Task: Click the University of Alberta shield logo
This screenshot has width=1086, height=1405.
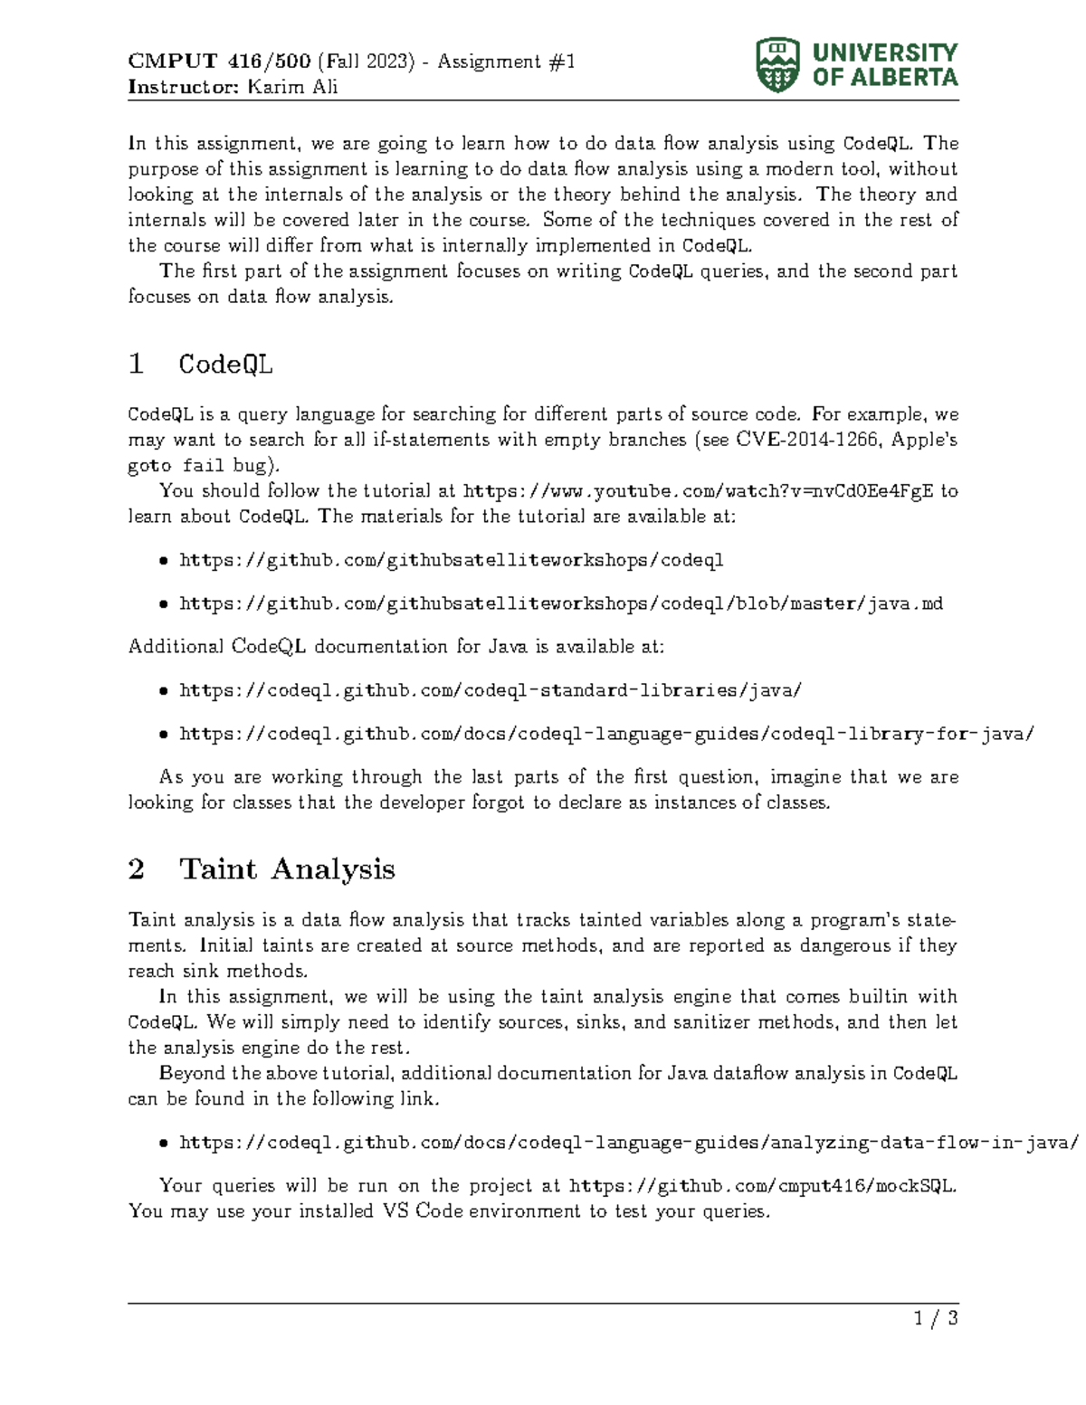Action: point(776,65)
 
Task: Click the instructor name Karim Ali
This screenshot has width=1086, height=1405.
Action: point(292,87)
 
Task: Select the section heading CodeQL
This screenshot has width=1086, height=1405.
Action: point(225,364)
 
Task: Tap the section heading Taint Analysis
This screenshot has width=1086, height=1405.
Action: point(287,869)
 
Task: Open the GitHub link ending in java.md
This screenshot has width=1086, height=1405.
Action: point(561,603)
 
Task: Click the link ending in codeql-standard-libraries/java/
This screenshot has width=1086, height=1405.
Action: point(491,690)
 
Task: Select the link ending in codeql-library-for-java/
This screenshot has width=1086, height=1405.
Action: point(606,734)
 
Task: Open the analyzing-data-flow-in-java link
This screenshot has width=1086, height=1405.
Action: point(629,1143)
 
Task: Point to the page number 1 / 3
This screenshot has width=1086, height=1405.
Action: point(936,1318)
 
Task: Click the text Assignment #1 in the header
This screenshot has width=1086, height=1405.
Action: point(506,62)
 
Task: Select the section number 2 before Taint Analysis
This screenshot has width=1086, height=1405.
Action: point(137,869)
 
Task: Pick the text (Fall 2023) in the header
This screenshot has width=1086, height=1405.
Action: point(367,62)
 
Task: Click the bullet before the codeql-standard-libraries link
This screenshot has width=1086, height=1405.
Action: point(163,691)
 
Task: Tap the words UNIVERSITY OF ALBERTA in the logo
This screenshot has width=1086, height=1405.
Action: point(884,65)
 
